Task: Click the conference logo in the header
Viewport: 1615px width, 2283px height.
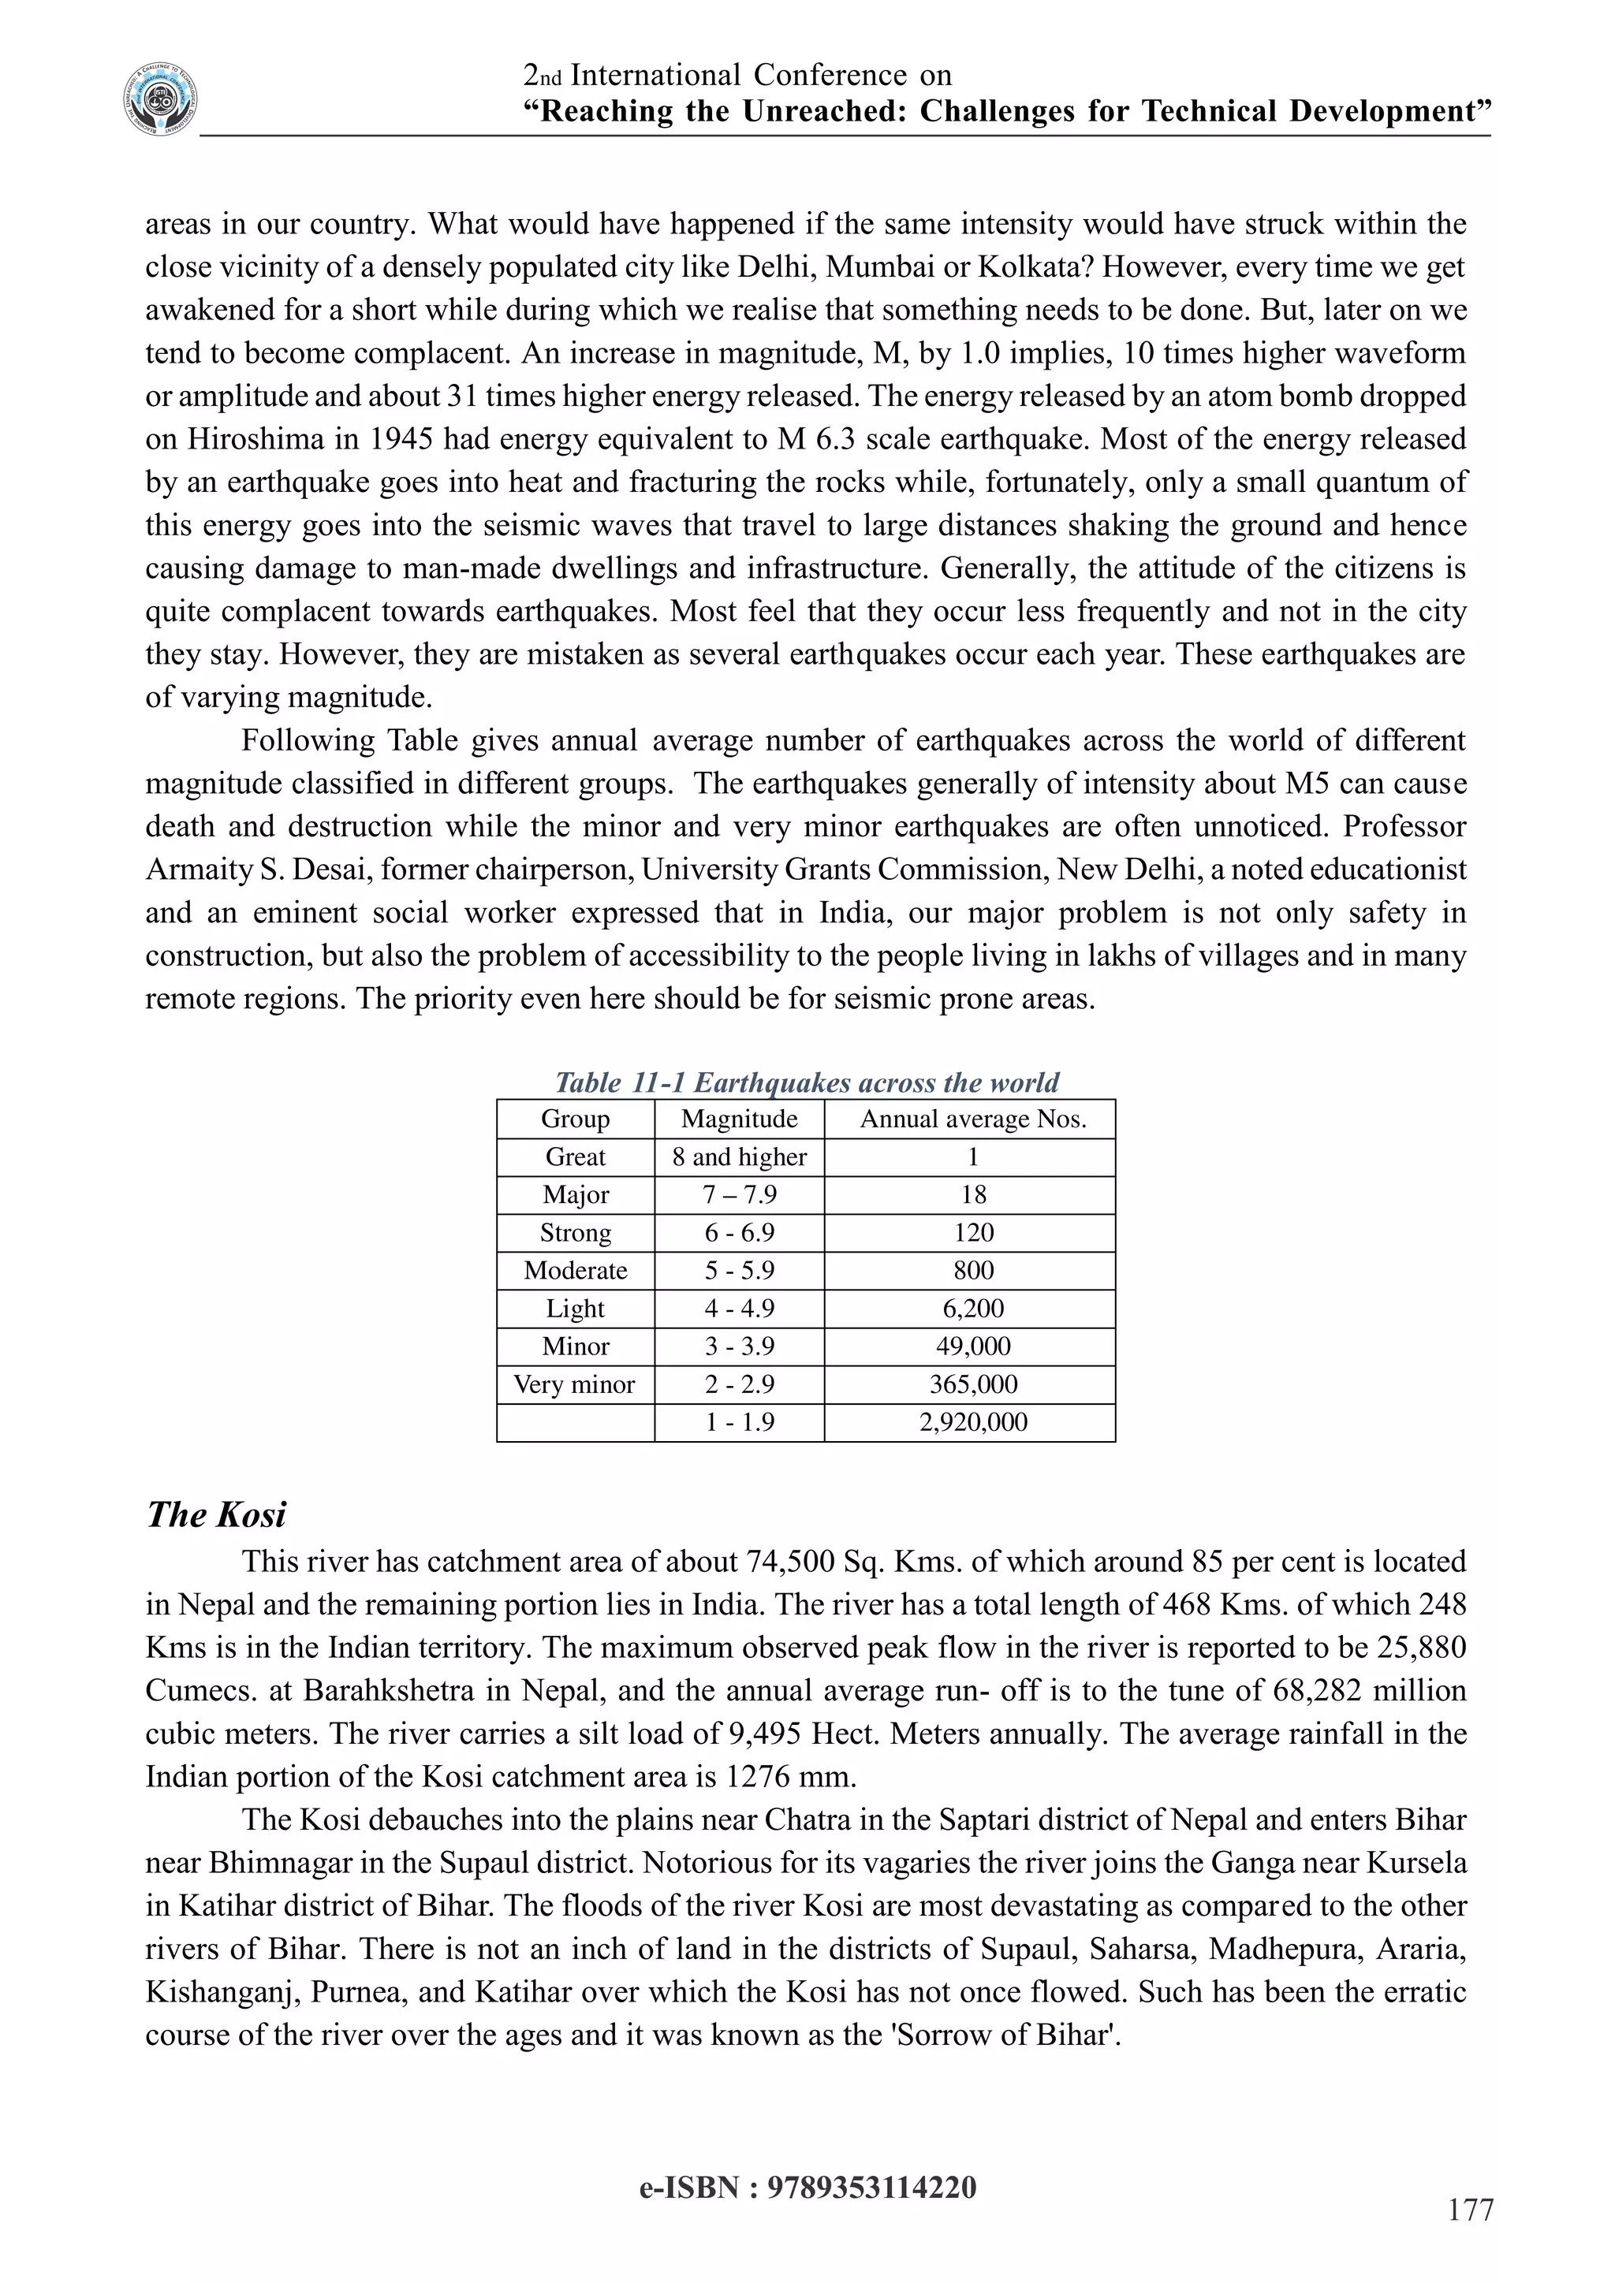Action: pyautogui.click(x=160, y=100)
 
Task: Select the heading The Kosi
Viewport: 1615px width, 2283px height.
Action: pyautogui.click(x=216, y=1514)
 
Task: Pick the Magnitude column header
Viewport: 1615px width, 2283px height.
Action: pyautogui.click(x=739, y=1119)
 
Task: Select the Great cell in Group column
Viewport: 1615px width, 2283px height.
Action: pyautogui.click(x=575, y=1156)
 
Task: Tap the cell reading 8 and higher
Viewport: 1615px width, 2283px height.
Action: pyautogui.click(x=739, y=1156)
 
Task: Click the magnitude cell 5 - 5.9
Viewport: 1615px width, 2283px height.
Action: pyautogui.click(x=739, y=1271)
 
